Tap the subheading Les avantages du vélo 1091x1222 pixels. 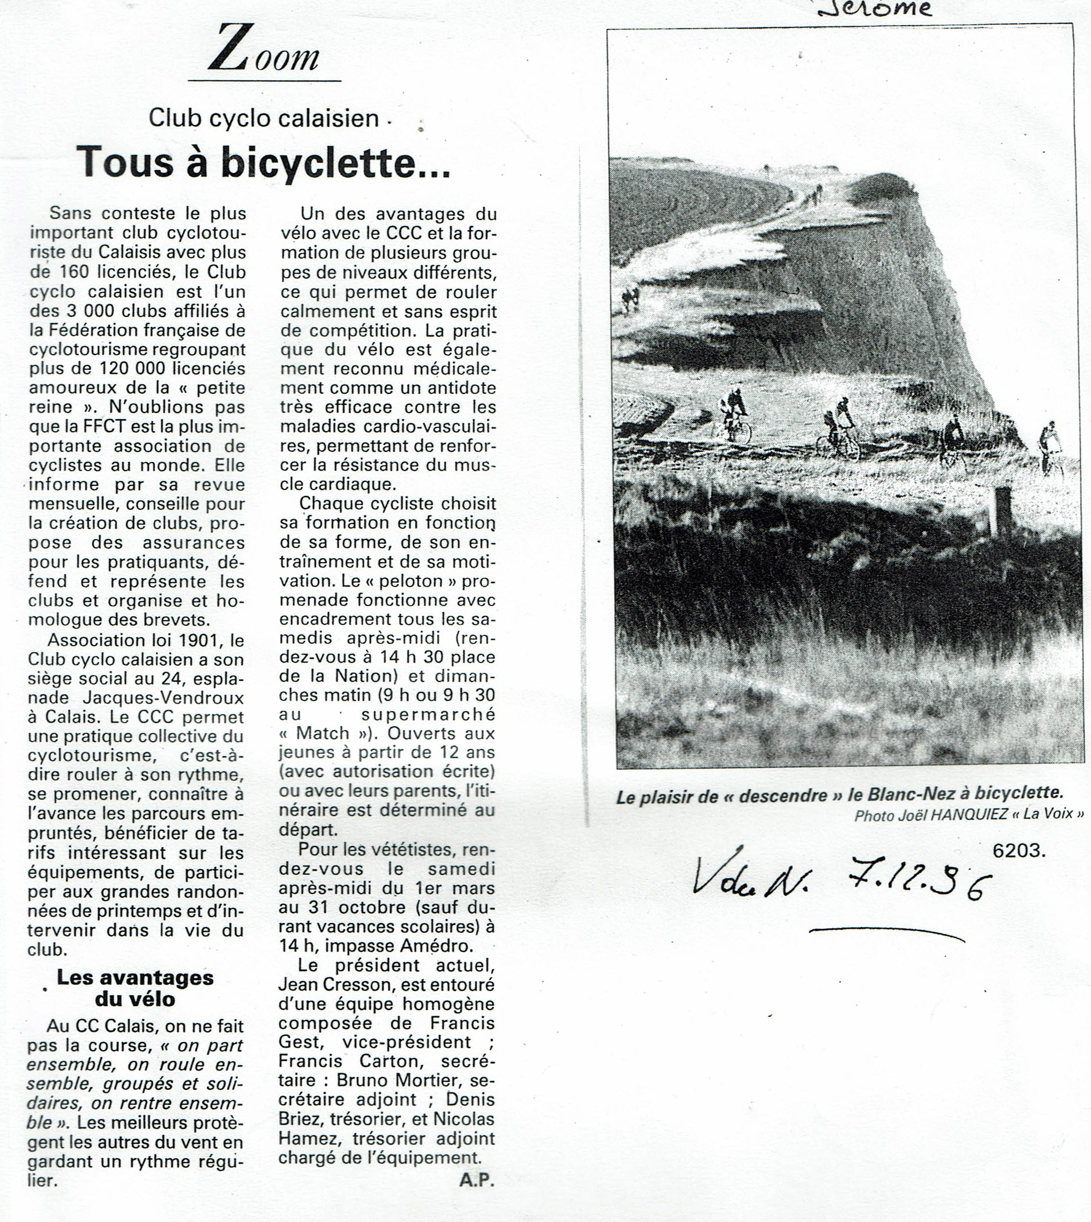point(135,988)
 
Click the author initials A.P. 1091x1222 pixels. point(477,1179)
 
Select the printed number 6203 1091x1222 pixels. point(1018,851)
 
